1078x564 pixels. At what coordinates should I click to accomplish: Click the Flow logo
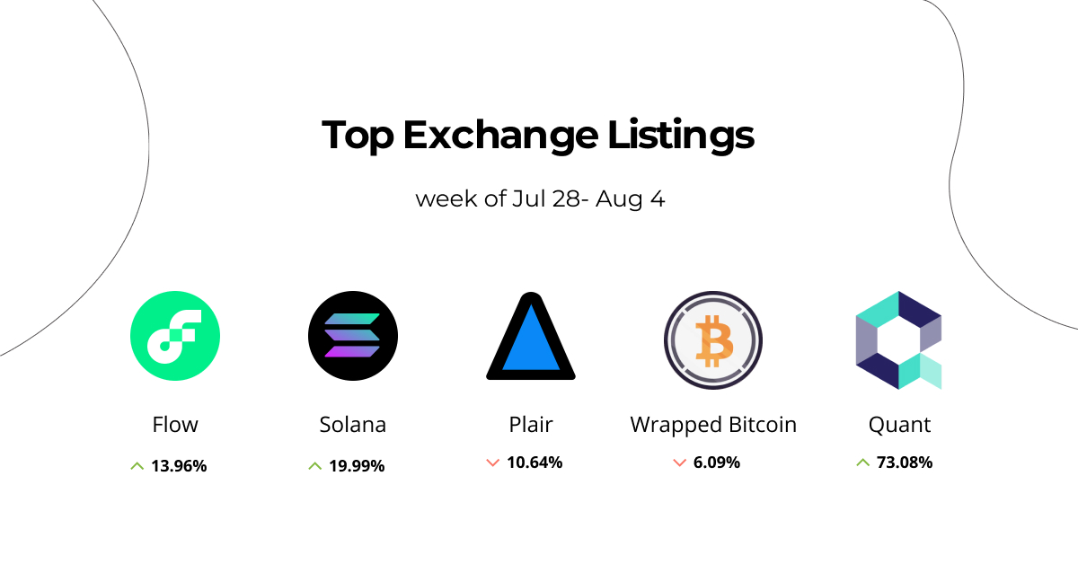point(175,337)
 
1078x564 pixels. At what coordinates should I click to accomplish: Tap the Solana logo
point(353,337)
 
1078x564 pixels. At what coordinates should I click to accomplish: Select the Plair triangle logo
point(531,337)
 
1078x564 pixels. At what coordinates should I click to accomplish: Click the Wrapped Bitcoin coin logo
point(713,339)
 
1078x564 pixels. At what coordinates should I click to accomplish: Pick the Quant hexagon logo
point(898,339)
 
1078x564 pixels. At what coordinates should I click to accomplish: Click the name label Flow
point(175,424)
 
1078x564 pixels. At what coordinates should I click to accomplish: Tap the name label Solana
point(353,424)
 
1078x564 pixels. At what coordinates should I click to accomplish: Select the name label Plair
point(531,424)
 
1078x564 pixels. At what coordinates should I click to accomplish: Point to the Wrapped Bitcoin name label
point(713,424)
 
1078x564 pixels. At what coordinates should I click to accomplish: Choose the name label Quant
point(899,424)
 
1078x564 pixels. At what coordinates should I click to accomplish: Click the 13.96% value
point(179,466)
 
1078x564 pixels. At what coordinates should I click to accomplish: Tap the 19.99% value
point(357,466)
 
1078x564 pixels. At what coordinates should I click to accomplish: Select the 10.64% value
point(535,463)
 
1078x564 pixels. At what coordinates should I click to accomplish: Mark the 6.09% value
point(717,463)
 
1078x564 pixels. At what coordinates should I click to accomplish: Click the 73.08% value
point(906,463)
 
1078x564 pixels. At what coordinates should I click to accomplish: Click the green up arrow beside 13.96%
point(137,466)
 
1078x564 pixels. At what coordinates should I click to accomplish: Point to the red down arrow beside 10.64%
point(492,463)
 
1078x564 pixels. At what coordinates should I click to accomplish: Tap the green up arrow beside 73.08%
point(863,463)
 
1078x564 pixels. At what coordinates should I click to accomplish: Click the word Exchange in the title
point(499,136)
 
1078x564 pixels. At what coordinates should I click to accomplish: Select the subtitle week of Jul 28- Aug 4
point(540,198)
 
